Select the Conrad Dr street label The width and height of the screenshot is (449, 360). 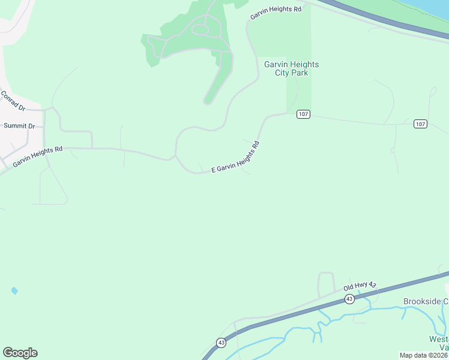13,101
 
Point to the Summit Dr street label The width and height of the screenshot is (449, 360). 19,126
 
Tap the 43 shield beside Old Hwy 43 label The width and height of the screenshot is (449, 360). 349,298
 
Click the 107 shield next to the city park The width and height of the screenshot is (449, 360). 303,114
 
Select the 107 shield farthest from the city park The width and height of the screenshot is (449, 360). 420,124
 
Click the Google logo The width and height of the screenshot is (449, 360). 20,352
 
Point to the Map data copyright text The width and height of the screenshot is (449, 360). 424,355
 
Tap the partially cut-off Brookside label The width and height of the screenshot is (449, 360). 426,301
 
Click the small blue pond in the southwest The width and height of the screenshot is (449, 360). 14,291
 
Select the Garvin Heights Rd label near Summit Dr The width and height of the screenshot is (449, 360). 37,157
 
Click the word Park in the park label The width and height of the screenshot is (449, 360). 300,73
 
